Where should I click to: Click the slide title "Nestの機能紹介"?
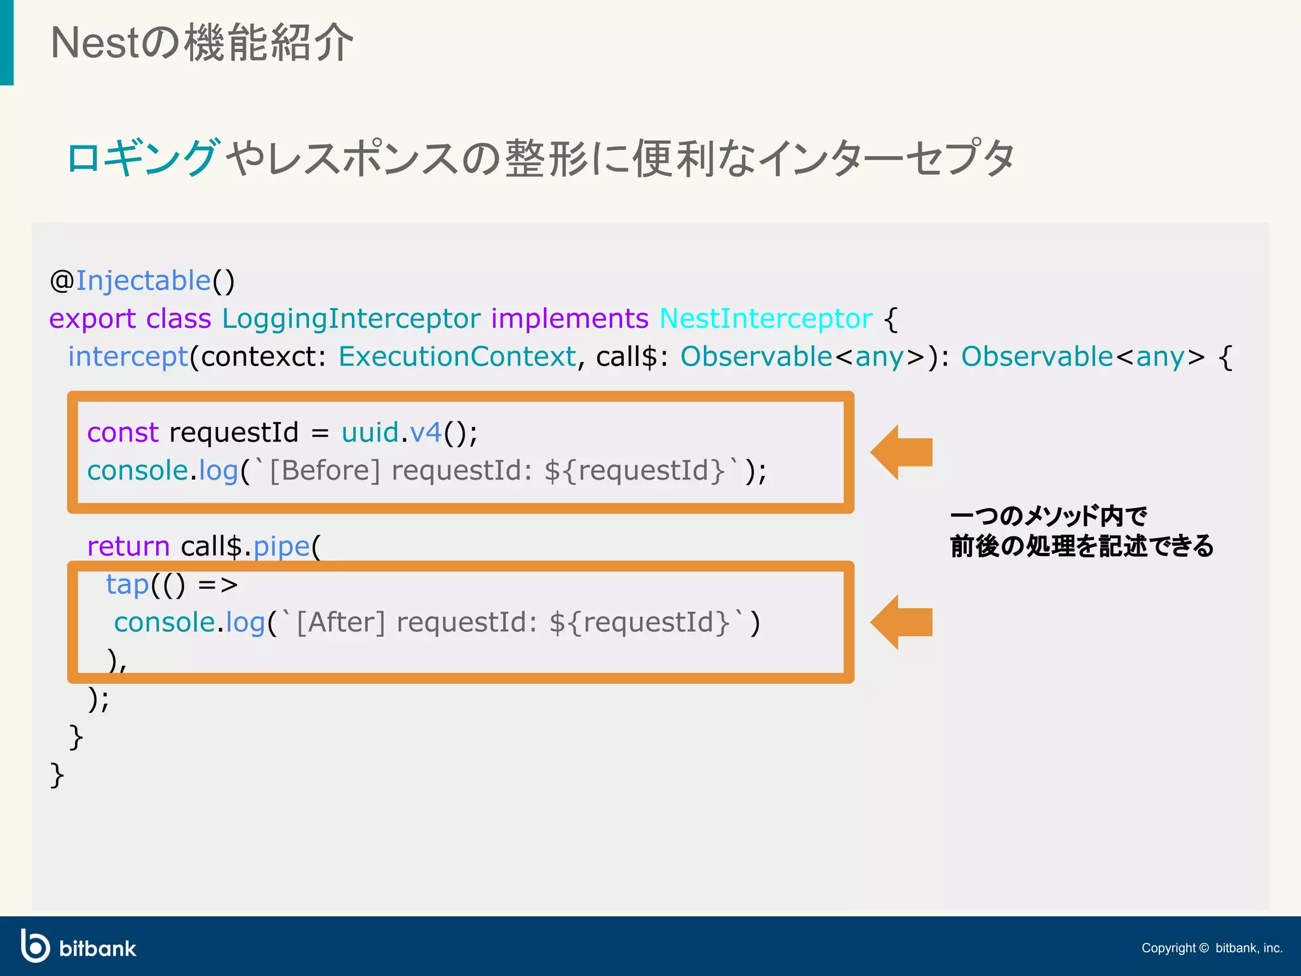pyautogui.click(x=202, y=43)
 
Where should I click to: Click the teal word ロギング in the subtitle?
pyautogui.click(x=144, y=158)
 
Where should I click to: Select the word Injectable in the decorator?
pyautogui.click(x=143, y=281)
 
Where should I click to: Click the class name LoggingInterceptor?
pyautogui.click(x=351, y=318)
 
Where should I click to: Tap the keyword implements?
pyautogui.click(x=569, y=318)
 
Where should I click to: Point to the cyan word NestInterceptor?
pyautogui.click(x=765, y=318)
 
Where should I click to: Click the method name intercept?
pyautogui.click(x=128, y=356)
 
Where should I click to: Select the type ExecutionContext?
pyautogui.click(x=457, y=356)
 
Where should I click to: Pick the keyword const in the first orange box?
pyautogui.click(x=123, y=433)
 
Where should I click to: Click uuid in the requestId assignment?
pyautogui.click(x=370, y=433)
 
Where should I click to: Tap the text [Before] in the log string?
pyautogui.click(x=325, y=471)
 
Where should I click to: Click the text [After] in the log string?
pyautogui.click(x=340, y=622)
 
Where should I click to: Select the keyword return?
pyautogui.click(x=128, y=546)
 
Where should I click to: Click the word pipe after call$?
pyautogui.click(x=281, y=546)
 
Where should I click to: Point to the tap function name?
pyautogui.click(x=127, y=585)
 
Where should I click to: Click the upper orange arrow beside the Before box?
pyautogui.click(x=901, y=452)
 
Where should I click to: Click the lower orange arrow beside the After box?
pyautogui.click(x=901, y=622)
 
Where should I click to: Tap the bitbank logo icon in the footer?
pyautogui.click(x=35, y=946)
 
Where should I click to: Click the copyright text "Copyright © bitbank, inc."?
pyautogui.click(x=1211, y=948)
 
